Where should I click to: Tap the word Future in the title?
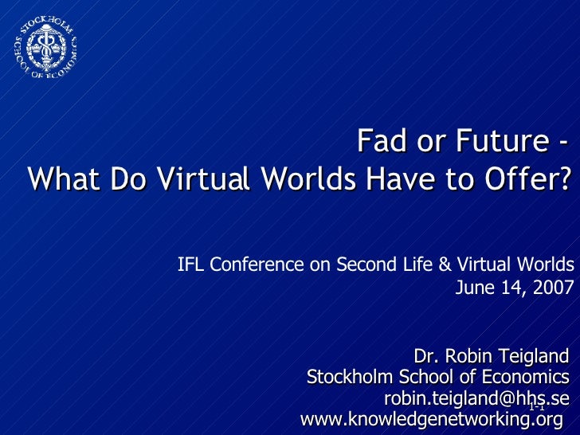(x=492, y=143)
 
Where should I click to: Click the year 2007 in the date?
(x=555, y=288)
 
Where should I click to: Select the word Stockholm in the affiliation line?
(x=344, y=377)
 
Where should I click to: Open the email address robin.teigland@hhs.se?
(x=476, y=398)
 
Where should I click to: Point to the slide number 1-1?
(x=535, y=407)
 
